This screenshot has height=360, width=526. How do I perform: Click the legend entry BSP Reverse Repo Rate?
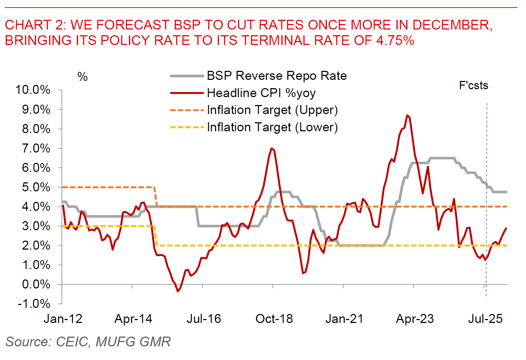point(276,76)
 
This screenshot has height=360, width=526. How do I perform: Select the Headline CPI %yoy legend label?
point(261,93)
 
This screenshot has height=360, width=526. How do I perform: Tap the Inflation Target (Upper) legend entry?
point(272,110)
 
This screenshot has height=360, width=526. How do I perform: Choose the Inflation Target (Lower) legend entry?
point(272,127)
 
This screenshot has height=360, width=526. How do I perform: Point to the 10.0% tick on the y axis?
point(32,90)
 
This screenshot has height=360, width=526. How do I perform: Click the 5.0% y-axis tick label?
point(36,187)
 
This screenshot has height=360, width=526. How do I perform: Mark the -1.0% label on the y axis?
point(34,304)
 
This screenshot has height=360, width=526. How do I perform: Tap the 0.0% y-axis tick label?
point(36,284)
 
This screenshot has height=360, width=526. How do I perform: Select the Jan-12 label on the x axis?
point(63,319)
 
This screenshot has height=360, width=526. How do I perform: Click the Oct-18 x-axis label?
point(274,319)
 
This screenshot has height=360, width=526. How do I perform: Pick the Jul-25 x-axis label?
point(485,319)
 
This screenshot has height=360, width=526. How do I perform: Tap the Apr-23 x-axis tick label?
point(415,319)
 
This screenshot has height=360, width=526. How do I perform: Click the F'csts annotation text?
point(474,86)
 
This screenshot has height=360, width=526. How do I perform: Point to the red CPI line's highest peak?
point(407,115)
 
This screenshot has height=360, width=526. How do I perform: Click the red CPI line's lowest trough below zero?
point(178,291)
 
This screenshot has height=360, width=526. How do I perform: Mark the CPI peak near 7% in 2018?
point(271,149)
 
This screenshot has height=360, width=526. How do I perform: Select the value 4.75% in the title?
point(395,40)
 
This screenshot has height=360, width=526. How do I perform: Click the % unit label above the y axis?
point(82,77)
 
